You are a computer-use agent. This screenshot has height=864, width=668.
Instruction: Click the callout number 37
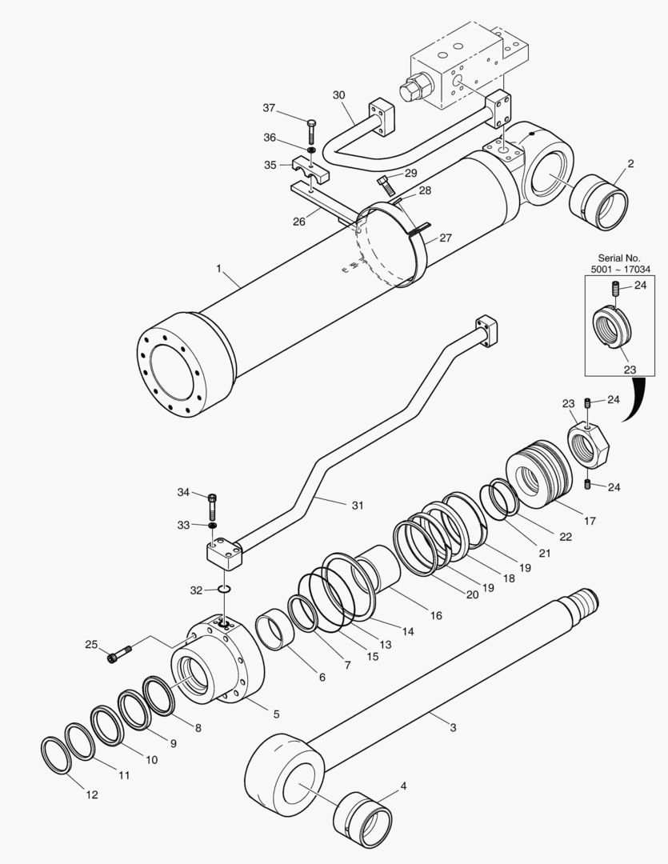269,108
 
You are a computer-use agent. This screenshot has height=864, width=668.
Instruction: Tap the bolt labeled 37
310,130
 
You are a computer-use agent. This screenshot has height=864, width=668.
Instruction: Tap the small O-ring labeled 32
224,590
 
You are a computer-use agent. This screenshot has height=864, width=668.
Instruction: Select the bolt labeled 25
121,654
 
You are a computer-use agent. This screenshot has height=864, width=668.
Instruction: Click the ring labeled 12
55,755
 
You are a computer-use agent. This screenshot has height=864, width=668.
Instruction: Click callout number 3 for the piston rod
453,727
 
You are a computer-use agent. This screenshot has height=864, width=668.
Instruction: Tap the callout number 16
436,615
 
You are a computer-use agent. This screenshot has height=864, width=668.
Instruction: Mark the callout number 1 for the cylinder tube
218,269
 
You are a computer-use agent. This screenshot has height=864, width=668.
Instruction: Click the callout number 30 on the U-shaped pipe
338,94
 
